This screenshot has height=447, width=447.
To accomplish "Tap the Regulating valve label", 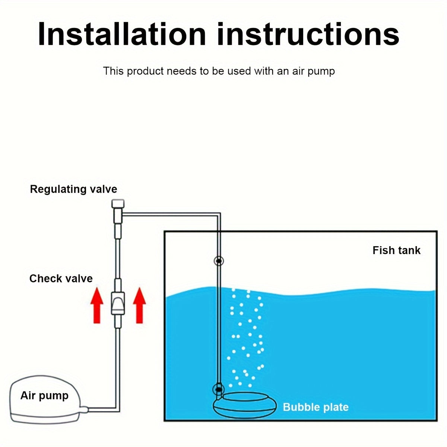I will point(73,189).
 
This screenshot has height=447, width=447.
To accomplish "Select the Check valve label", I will point(61,279).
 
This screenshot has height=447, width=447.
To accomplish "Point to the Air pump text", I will point(44,395).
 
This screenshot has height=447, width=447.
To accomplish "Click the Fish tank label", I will point(396,250).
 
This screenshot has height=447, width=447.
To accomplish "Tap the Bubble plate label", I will point(316,407).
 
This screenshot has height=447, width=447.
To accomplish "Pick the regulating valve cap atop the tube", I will point(118,204).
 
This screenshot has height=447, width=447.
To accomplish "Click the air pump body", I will point(45,400).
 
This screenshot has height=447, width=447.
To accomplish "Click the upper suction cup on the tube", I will point(219,261).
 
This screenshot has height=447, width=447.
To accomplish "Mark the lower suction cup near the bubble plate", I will point(218,390).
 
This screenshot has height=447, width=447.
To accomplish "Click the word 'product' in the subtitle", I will point(146,71).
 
